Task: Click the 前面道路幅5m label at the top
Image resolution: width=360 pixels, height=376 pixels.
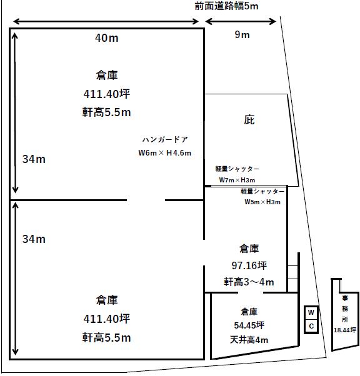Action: pos(226,6)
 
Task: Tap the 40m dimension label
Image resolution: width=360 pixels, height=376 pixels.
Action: pos(106,38)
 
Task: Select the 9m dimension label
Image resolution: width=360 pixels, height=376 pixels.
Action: pos(242,35)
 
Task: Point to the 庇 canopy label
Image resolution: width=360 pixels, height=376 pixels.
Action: pos(249,120)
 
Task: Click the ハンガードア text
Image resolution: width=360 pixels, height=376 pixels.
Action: pos(165,139)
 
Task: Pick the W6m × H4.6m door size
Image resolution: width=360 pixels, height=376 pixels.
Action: pos(164,153)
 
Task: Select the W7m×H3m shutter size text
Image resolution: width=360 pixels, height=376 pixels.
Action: pos(237,180)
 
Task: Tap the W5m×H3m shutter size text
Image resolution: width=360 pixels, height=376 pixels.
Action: pos(262,202)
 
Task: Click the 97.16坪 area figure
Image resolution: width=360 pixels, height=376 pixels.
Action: pos(249,265)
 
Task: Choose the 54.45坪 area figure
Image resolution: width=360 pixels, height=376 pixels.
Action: pos(249,325)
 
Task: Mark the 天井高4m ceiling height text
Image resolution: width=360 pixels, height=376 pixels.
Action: pos(249,340)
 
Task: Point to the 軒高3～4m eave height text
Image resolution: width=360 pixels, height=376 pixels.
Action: pos(249,282)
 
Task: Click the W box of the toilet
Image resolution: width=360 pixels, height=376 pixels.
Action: pos(311,313)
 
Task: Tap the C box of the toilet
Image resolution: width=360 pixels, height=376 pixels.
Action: pos(311,326)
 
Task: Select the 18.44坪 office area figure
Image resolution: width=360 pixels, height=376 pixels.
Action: pos(345,330)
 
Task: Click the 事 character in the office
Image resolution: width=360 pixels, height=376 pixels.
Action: pos(345,299)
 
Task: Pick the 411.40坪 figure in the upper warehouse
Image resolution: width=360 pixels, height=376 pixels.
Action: pos(106,94)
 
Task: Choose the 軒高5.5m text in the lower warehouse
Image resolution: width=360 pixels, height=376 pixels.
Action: pos(106,338)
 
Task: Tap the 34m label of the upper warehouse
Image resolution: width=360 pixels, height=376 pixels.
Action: pos(34,159)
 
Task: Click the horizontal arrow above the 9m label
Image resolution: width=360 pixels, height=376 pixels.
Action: pos(241,21)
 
